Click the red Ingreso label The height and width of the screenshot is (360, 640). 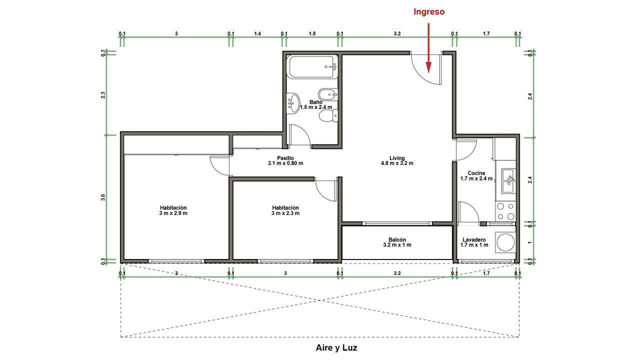tap(429, 11)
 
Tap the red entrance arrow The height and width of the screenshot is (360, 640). tap(428, 47)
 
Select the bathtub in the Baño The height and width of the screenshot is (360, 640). tap(312, 67)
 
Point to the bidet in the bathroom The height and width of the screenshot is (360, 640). tap(328, 94)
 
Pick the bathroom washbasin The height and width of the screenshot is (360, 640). tap(293, 103)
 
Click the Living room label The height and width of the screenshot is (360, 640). tap(397, 160)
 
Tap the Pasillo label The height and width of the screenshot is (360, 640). tap(285, 160)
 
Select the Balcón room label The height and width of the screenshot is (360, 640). tap(397, 242)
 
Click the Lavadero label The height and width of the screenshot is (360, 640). tap(474, 242)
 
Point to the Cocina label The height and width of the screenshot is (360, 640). tap(476, 175)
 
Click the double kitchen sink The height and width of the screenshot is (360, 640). tap(508, 181)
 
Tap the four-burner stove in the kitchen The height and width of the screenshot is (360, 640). tap(505, 211)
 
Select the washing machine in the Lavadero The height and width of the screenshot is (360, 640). tap(505, 242)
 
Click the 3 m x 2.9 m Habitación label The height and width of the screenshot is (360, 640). tap(173, 210)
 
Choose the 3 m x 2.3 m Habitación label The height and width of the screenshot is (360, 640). tap(285, 210)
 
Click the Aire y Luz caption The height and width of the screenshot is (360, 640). tap(336, 347)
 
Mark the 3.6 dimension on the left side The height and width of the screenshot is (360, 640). tap(103, 197)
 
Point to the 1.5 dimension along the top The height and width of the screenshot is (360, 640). tap(312, 33)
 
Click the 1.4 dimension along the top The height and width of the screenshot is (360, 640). tap(257, 33)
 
